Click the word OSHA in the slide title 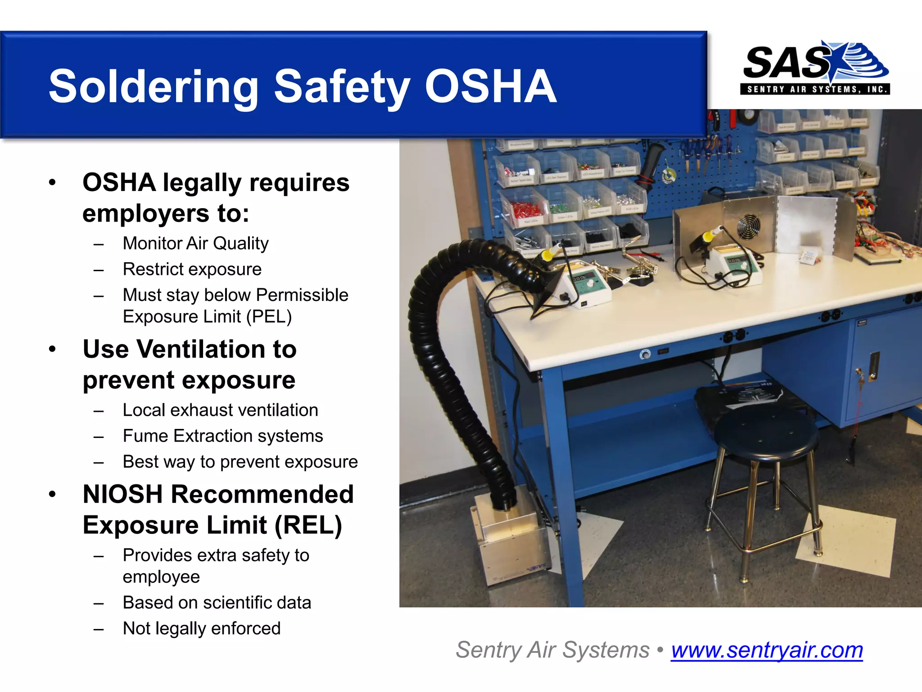point(490,86)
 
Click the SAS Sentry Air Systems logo point(815,68)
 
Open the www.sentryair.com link point(767,650)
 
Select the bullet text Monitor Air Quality point(195,244)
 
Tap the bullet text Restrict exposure point(192,269)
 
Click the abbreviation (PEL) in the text point(269,317)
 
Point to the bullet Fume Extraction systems point(223,436)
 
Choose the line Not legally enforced point(202,628)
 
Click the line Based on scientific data point(217,603)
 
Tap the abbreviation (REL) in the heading point(308,525)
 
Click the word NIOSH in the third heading point(123,495)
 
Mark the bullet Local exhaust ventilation point(220,410)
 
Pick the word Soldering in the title point(154,86)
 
